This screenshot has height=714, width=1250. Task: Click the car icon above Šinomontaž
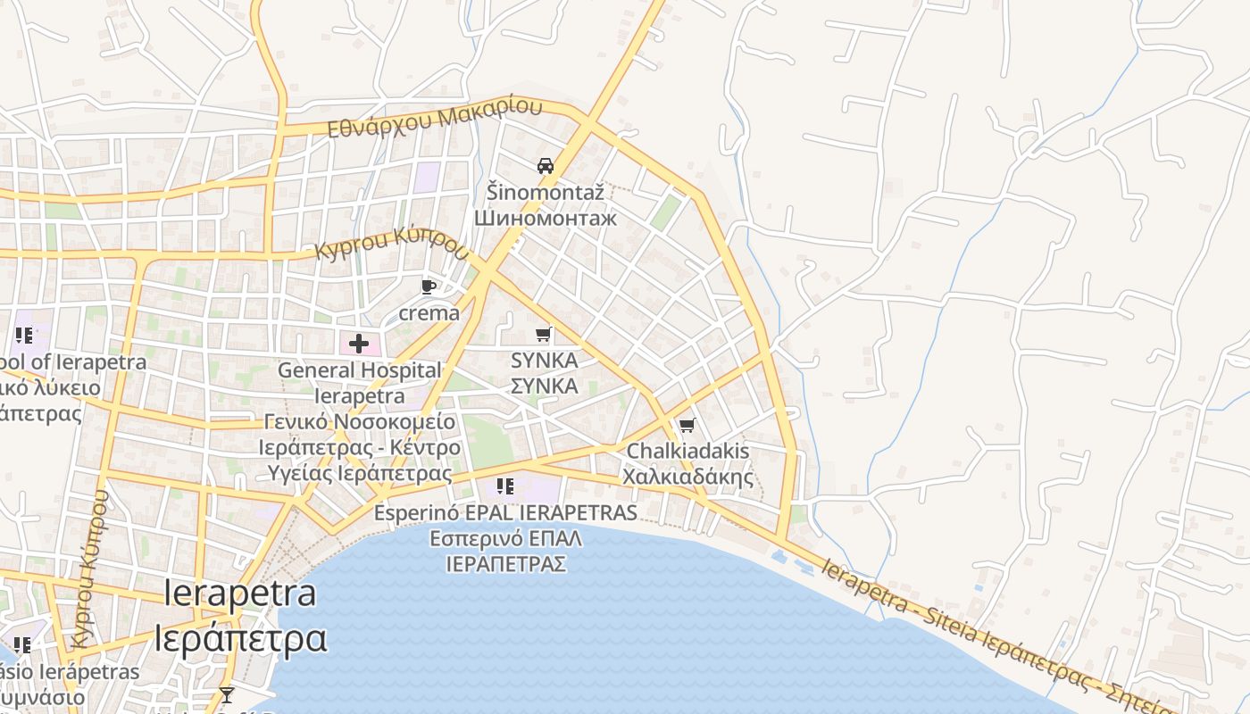(x=546, y=166)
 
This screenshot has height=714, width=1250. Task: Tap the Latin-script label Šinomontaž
(x=546, y=192)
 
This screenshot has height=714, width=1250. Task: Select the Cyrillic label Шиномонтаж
(x=546, y=218)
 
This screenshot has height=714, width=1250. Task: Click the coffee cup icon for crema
(x=429, y=286)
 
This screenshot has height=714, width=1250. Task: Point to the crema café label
(x=429, y=313)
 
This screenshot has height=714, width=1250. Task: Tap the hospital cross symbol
(x=359, y=344)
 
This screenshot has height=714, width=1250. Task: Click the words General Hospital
(x=360, y=369)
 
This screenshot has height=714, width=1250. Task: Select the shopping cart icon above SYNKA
(x=543, y=335)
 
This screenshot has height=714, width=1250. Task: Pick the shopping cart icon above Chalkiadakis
(x=687, y=425)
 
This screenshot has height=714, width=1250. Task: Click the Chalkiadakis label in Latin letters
(x=687, y=451)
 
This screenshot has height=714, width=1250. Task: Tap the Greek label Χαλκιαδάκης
(x=687, y=477)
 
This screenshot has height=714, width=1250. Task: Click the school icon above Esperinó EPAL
(x=505, y=486)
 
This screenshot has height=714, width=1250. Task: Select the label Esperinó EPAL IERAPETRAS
(x=505, y=513)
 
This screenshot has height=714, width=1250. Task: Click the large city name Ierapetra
(x=240, y=594)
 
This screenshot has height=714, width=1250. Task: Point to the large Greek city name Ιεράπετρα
(x=240, y=639)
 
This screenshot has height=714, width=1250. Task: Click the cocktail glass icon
(x=227, y=694)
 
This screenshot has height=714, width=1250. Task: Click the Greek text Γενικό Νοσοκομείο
(x=360, y=421)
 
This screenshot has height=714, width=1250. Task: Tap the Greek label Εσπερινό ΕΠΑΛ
(x=505, y=538)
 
